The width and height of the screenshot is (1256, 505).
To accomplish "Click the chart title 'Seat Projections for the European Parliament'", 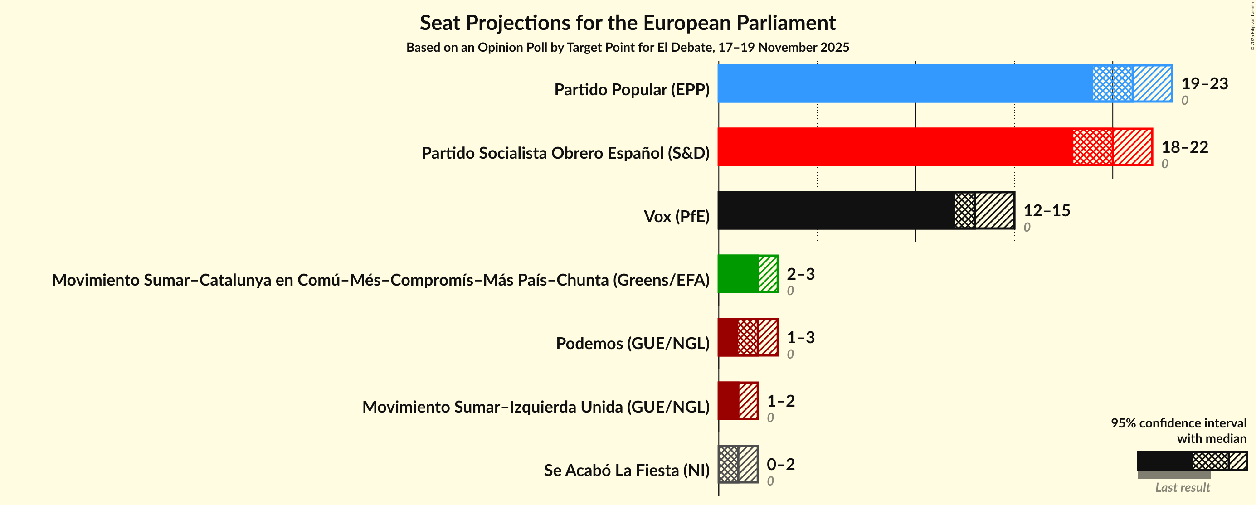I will [628, 23].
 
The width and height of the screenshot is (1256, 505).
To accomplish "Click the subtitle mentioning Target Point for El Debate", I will [628, 47].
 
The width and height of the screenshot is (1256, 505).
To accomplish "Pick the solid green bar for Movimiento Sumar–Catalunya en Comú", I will [738, 273].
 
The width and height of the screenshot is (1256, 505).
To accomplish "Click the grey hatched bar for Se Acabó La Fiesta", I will [738, 464].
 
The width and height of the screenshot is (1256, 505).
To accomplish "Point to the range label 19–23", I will [1204, 83].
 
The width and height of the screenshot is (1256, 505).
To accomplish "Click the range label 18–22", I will [1184, 147].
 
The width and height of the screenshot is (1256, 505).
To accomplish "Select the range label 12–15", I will [1047, 210].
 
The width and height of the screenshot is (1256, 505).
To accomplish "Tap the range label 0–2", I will [781, 464].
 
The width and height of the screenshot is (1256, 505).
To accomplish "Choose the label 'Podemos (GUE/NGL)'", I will [633, 343].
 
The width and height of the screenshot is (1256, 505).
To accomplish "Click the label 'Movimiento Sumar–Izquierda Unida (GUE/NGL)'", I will [536, 407].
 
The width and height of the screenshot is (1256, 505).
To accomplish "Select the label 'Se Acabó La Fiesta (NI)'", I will [627, 470].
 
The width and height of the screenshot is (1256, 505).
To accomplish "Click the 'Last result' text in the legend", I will [1183, 487].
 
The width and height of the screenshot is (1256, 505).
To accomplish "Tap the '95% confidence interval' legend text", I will [1178, 422].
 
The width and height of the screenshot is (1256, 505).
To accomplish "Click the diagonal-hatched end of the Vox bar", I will [995, 210].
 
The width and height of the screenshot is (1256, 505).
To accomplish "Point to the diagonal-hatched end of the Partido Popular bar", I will [1152, 83].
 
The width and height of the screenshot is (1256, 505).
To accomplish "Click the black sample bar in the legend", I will [1164, 461].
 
